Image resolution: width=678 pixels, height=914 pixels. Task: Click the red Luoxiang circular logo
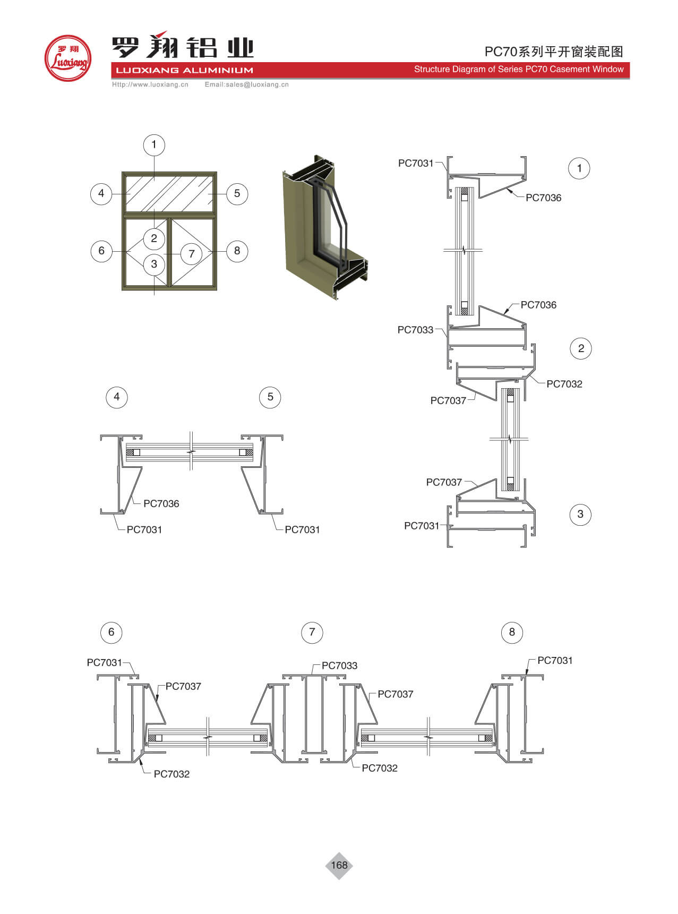tap(67, 58)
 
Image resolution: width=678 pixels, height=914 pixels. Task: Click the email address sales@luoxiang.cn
tap(247, 84)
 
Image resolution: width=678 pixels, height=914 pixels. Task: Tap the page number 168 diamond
tap(339, 865)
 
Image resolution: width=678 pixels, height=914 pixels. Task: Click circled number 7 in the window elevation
tap(192, 254)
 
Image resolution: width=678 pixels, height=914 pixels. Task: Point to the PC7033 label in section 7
tap(339, 665)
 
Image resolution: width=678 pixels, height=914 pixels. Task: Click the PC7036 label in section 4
tap(161, 503)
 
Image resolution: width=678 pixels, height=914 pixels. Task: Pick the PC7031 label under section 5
tap(302, 529)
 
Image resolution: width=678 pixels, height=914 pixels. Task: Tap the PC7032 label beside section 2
tap(564, 384)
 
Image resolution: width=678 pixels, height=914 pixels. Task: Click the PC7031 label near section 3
tap(422, 526)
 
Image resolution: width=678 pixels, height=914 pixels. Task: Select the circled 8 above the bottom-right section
tap(512, 632)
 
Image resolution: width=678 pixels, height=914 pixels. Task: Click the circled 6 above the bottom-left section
tap(111, 632)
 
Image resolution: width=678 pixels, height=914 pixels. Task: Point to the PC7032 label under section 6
tap(171, 774)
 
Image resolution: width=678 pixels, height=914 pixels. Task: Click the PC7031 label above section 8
tap(555, 661)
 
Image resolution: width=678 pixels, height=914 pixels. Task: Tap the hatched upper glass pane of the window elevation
tap(169, 193)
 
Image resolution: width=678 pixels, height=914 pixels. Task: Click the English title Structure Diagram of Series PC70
tap(518, 69)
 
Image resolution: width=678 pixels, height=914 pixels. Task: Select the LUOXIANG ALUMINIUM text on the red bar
tap(184, 70)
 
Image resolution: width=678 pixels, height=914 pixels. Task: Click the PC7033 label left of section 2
tap(415, 330)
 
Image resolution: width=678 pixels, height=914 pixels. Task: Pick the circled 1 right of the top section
tap(579, 168)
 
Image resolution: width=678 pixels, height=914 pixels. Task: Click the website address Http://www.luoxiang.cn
tap(150, 84)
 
